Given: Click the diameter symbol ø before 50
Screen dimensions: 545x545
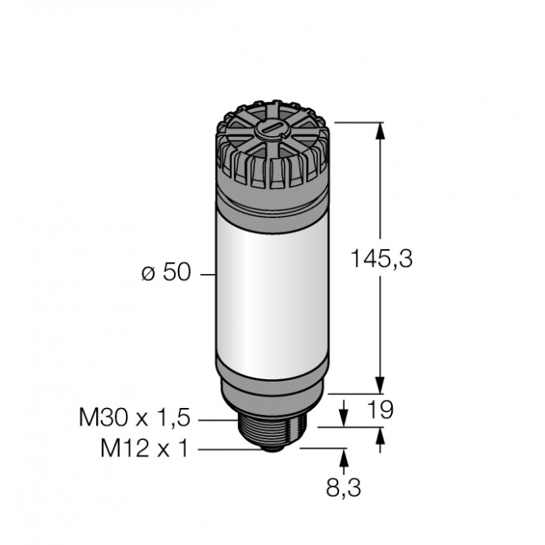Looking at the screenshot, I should point(147,274).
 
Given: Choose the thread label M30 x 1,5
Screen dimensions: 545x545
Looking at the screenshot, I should point(135,418).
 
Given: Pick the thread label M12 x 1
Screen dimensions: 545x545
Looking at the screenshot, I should point(143,450).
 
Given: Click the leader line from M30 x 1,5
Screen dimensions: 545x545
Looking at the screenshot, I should point(216,419).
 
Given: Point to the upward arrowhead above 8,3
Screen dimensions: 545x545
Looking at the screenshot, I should point(345,456).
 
